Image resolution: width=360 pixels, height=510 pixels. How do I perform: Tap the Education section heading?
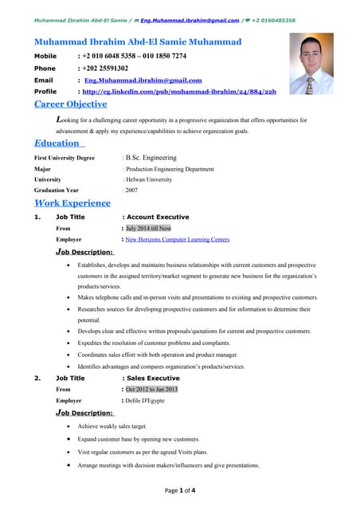coord(59,143)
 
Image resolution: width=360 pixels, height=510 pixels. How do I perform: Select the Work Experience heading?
coord(77,203)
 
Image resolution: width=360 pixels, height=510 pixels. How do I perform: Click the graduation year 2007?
coord(131,190)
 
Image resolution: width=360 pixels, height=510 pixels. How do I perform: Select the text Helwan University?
coord(148,179)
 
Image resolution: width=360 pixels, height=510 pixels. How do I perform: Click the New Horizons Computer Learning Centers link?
coord(177,239)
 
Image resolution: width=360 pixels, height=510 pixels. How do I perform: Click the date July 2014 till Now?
coord(148,228)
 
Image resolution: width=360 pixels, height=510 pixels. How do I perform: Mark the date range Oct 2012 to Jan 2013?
coord(151,389)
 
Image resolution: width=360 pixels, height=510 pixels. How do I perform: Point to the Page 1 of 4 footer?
coord(180,491)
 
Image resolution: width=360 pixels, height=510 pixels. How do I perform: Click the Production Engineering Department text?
coord(169,169)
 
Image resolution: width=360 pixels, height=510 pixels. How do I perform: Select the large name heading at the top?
coord(138,41)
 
